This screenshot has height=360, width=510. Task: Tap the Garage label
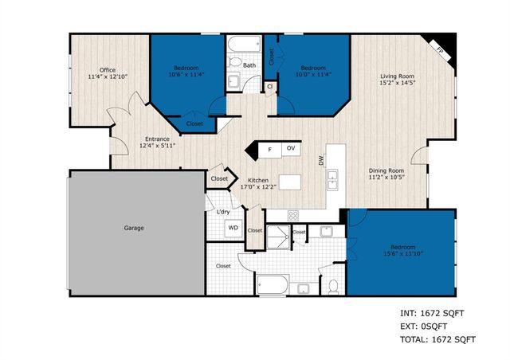(133, 228)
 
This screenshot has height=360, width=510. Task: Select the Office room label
(108, 69)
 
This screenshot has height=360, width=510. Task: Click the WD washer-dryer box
(233, 228)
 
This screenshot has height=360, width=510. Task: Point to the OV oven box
(291, 149)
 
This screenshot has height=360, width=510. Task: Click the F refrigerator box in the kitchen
(270, 149)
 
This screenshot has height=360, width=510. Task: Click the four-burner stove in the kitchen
(292, 215)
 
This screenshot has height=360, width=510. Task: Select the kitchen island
(290, 182)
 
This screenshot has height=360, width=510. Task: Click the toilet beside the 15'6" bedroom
(335, 284)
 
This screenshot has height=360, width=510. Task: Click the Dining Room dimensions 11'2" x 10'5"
(386, 178)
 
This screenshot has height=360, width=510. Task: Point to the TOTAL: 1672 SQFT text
(437, 340)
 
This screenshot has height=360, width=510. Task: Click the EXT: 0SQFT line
(424, 327)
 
